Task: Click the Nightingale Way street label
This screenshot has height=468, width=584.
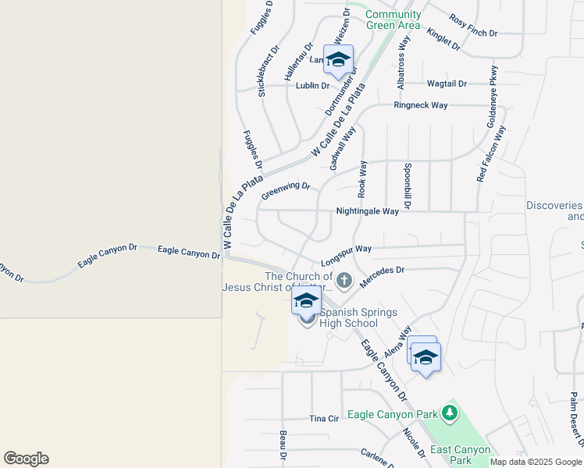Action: point(367,211)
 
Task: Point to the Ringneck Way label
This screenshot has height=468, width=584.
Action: point(421,105)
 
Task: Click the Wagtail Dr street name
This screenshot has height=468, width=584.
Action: point(447,83)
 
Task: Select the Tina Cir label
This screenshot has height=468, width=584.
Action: point(324,419)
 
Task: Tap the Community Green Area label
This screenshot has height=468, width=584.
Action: point(393,19)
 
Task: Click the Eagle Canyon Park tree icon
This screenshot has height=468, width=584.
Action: point(449,411)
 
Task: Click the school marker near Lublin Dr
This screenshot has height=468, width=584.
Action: point(338,60)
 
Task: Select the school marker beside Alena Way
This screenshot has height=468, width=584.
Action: point(426,358)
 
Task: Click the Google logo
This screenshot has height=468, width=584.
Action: point(26,459)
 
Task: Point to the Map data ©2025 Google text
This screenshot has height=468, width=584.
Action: point(536,462)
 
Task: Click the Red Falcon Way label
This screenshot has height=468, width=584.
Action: point(492,154)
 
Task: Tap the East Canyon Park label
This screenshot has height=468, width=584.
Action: point(461,455)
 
